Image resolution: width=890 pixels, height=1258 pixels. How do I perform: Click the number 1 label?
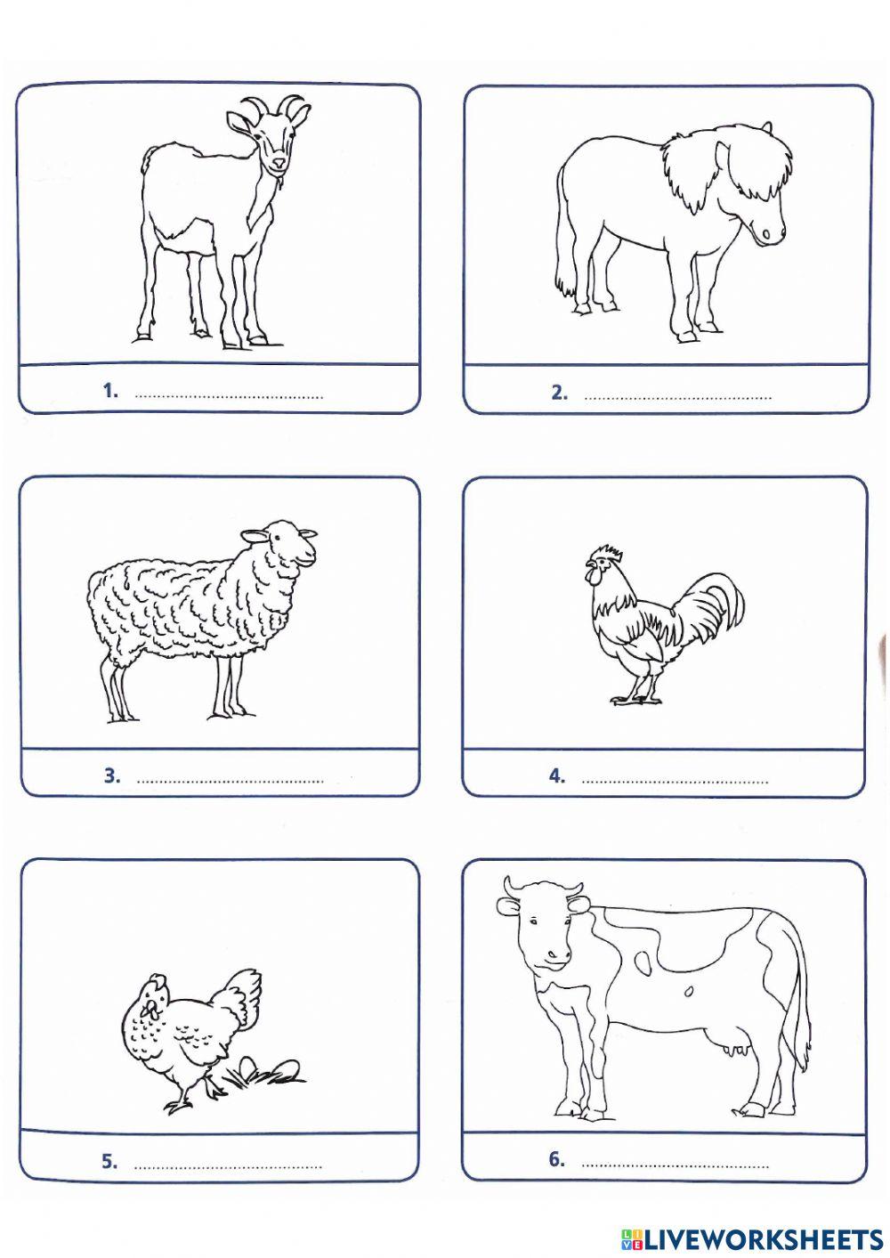pos(110,390)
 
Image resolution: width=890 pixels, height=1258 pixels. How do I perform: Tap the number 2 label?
pos(559,392)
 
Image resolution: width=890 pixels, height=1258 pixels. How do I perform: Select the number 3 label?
pos(111,775)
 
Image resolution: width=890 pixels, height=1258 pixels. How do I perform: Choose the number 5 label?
pos(109,1161)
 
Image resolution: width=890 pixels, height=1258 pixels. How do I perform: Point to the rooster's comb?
pos(605,554)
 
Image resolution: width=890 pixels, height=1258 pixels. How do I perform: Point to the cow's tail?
pos(803,997)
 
